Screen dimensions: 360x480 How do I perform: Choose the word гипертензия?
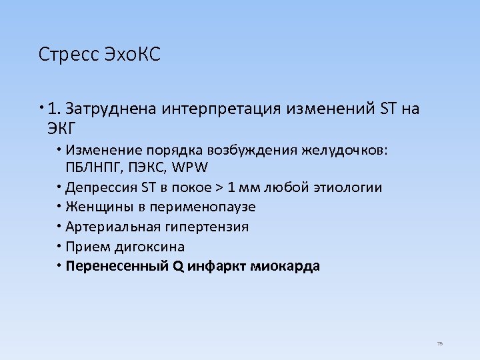tap(208, 227)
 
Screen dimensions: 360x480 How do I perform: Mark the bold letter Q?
tap(177, 267)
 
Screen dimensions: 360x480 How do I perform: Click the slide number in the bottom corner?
tap(439, 343)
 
